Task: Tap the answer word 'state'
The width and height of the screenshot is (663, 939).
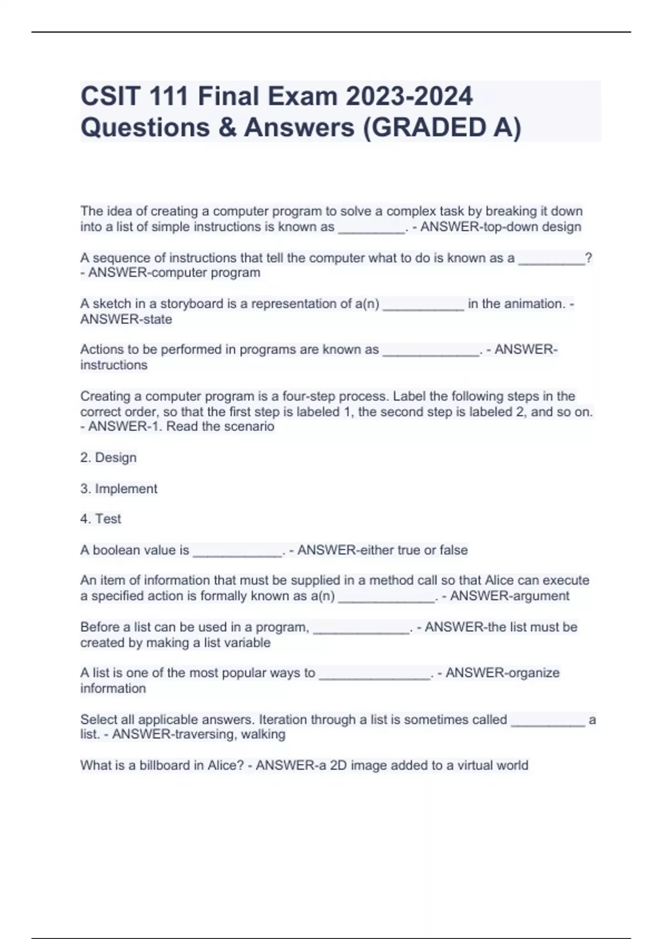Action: pos(157,319)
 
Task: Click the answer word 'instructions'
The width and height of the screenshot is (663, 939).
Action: pos(114,365)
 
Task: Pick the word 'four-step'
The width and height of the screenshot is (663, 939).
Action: pos(308,396)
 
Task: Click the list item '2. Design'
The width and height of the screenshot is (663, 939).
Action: pos(108,457)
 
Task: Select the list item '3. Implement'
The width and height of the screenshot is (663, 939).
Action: pos(119,489)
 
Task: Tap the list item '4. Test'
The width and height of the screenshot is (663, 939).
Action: pos(101,519)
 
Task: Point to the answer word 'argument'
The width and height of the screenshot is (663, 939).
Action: pos(541,596)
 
